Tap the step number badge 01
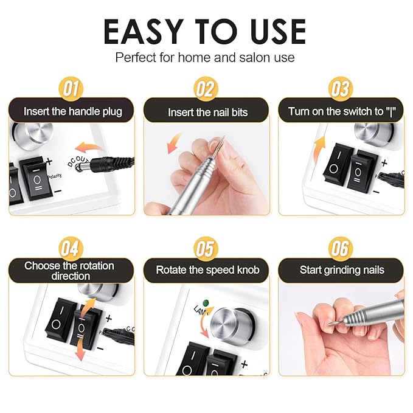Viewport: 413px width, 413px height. (x=71, y=89)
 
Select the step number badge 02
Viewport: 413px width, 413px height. (x=206, y=89)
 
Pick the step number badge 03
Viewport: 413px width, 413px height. (x=341, y=89)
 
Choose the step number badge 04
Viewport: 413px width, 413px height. (x=71, y=249)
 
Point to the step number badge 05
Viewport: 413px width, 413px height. (x=206, y=249)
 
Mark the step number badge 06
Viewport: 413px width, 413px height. (x=341, y=249)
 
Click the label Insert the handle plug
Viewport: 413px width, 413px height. (x=72, y=111)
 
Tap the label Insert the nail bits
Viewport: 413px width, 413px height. (x=207, y=113)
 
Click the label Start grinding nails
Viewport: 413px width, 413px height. (x=342, y=269)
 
